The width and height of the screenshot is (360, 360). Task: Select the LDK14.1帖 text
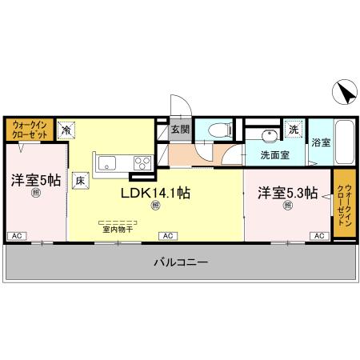[x=155, y=193]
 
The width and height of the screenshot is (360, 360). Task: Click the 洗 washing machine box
[x=294, y=130]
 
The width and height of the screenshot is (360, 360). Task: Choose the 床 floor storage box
[x=80, y=180]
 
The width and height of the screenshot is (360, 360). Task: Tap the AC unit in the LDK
[x=168, y=236]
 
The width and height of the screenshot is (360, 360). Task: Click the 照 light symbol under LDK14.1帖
[x=155, y=206]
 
